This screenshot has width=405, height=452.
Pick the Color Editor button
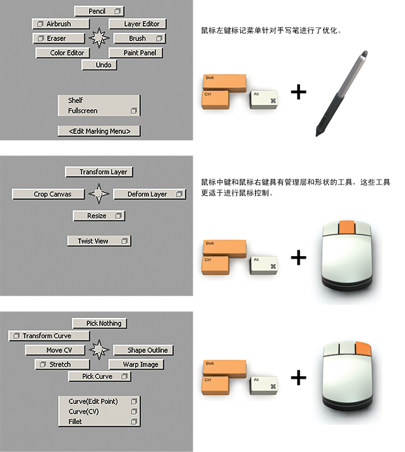[67, 53]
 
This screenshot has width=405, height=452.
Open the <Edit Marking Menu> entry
[99, 131]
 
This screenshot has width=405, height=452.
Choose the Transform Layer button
[100, 172]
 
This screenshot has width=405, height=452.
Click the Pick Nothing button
[99, 323]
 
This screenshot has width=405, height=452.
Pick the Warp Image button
[136, 365]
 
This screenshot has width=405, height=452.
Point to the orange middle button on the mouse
[347, 228]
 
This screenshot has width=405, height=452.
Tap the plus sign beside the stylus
[298, 92]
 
